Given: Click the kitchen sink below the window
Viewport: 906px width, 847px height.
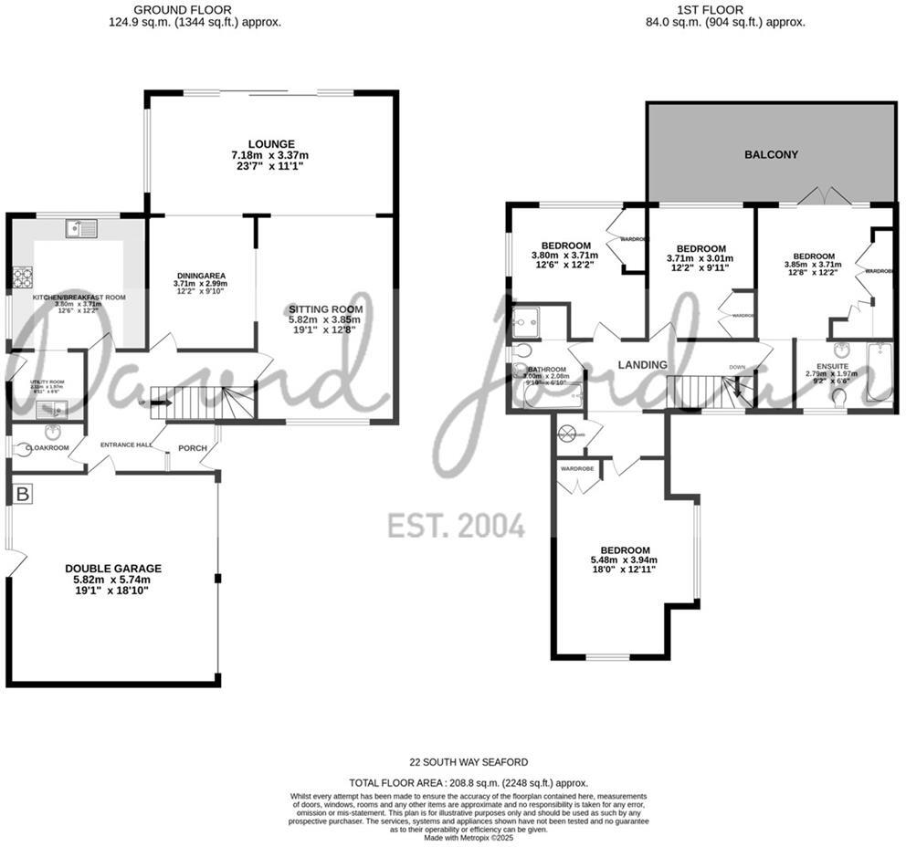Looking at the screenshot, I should pyautogui.click(x=79, y=228).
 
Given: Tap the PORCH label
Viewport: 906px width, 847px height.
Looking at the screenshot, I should pyautogui.click(x=192, y=448).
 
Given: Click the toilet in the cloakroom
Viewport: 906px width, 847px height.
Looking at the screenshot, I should pyautogui.click(x=24, y=448).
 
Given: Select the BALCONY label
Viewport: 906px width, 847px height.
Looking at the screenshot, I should pyautogui.click(x=770, y=155).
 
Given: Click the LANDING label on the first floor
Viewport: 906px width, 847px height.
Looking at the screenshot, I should pyautogui.click(x=642, y=365).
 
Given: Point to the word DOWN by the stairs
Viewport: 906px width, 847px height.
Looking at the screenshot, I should pyautogui.click(x=737, y=367).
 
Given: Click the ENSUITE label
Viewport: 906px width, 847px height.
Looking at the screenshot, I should pyautogui.click(x=832, y=366).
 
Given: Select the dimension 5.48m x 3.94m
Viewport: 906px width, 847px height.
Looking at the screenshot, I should pyautogui.click(x=624, y=560).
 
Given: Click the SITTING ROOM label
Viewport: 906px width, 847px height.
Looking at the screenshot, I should pyautogui.click(x=325, y=309).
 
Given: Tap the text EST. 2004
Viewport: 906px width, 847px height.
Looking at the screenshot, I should pyautogui.click(x=456, y=526).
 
